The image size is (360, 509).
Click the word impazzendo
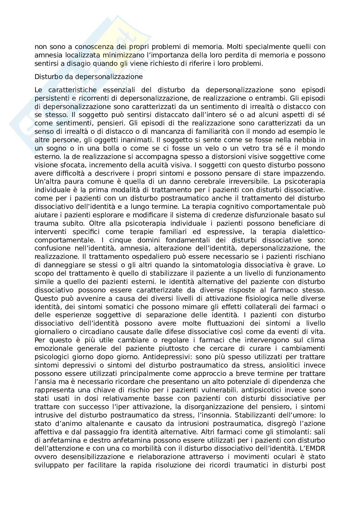point(305,173)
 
